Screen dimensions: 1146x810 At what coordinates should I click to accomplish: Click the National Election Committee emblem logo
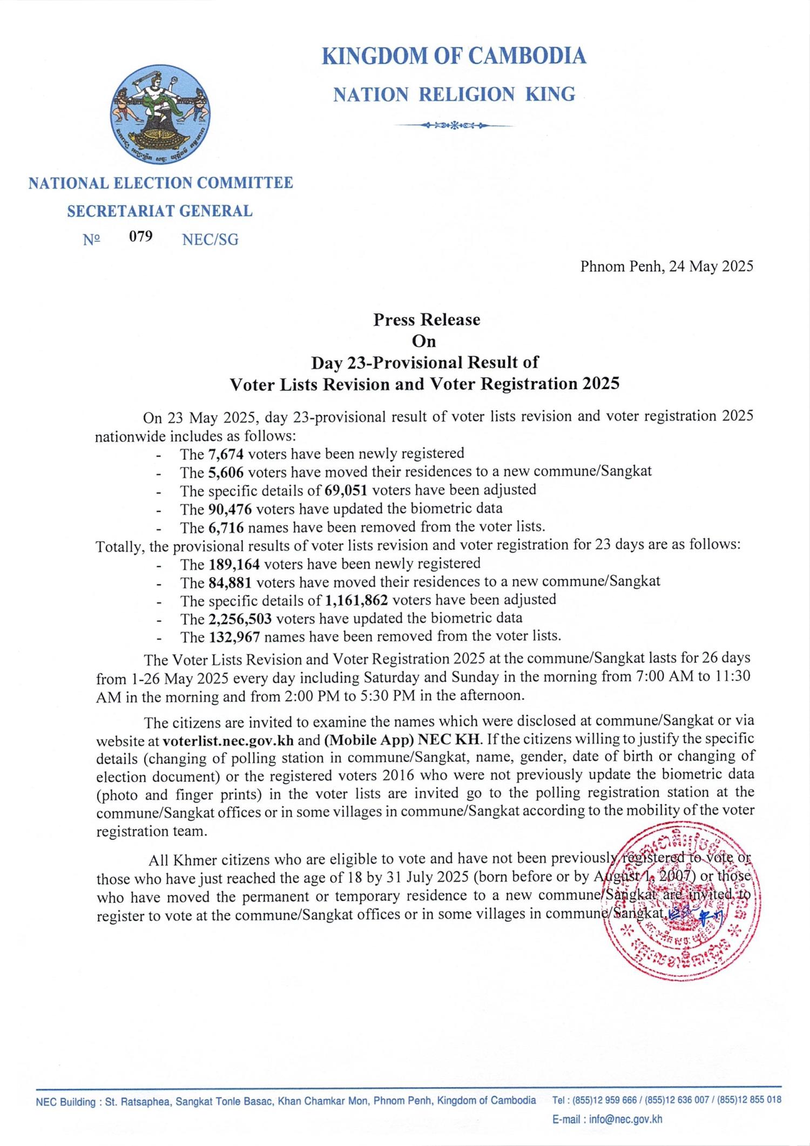(x=160, y=115)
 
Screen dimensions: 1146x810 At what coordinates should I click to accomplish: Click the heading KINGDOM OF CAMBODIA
(x=454, y=57)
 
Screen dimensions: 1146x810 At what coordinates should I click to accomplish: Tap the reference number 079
(x=140, y=236)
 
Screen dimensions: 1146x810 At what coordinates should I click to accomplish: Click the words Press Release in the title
(x=426, y=320)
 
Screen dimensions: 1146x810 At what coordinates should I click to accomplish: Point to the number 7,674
(x=222, y=453)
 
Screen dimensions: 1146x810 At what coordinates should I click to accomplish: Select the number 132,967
(x=234, y=637)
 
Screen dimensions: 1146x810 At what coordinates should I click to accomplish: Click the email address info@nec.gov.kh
(x=625, y=1121)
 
